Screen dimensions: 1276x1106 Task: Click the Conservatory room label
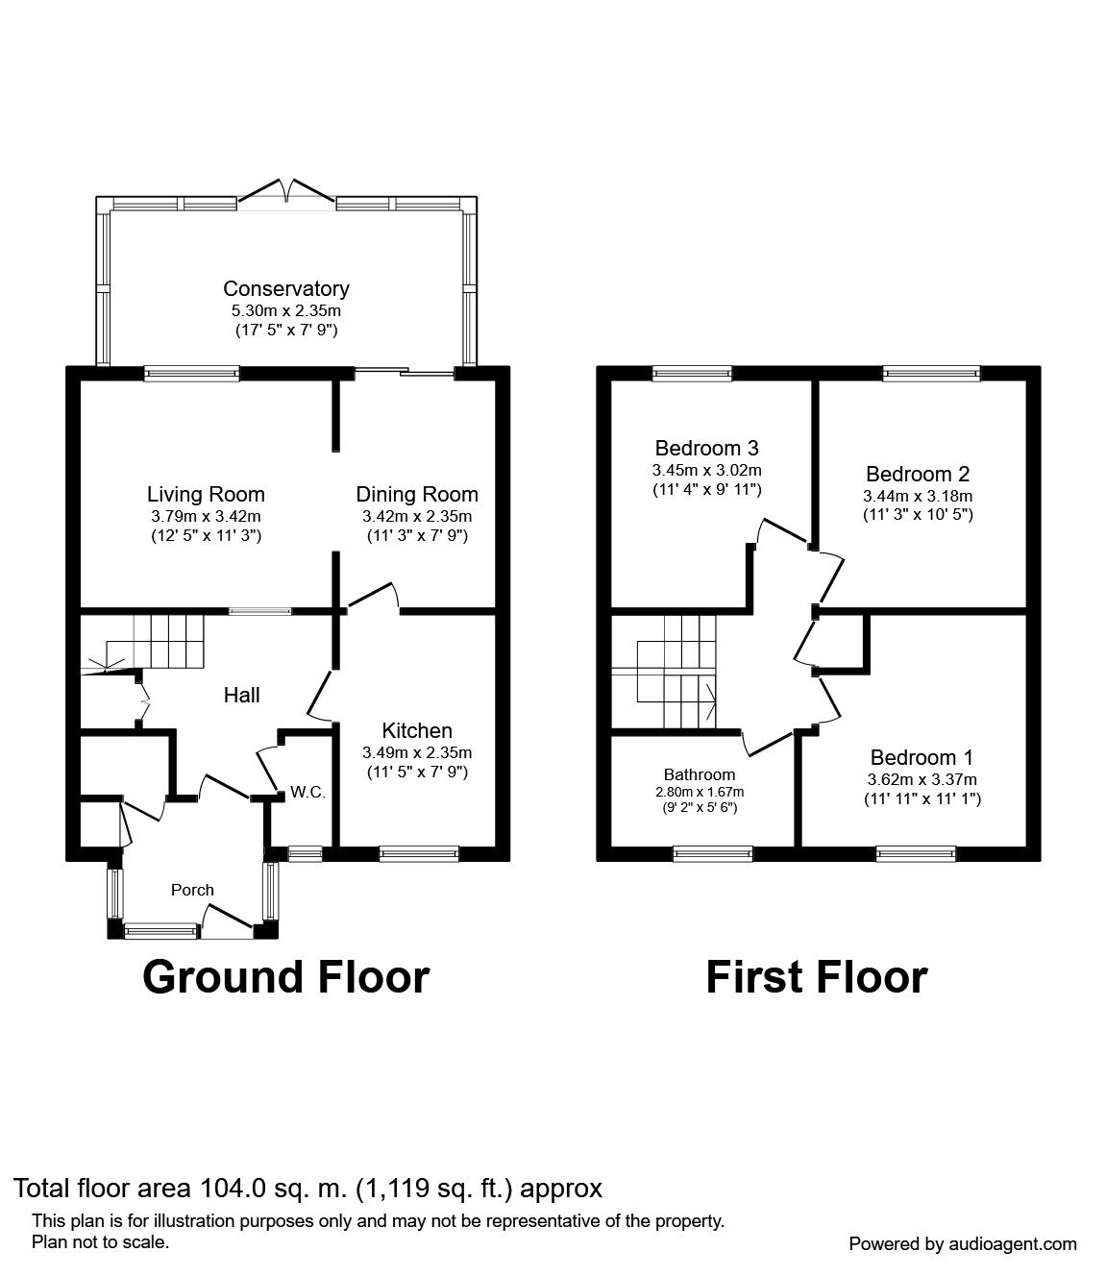point(285,288)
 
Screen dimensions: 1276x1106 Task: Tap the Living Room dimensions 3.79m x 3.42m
point(205,516)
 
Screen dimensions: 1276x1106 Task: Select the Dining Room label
point(416,495)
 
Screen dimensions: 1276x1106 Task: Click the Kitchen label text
point(416,731)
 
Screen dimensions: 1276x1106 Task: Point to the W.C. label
point(308,793)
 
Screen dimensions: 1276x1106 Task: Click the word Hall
point(241,695)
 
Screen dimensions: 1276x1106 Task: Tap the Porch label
point(192,890)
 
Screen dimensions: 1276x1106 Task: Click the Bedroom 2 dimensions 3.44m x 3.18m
point(918,496)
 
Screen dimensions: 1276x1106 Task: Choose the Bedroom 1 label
point(913,757)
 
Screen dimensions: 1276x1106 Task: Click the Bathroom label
point(699,774)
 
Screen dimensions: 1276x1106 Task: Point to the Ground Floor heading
point(285,977)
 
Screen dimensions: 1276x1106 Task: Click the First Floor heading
point(816,977)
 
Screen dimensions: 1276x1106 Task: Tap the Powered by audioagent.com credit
point(963,1243)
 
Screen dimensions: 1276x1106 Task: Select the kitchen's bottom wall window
point(418,850)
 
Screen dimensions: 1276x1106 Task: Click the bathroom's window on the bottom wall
point(712,851)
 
